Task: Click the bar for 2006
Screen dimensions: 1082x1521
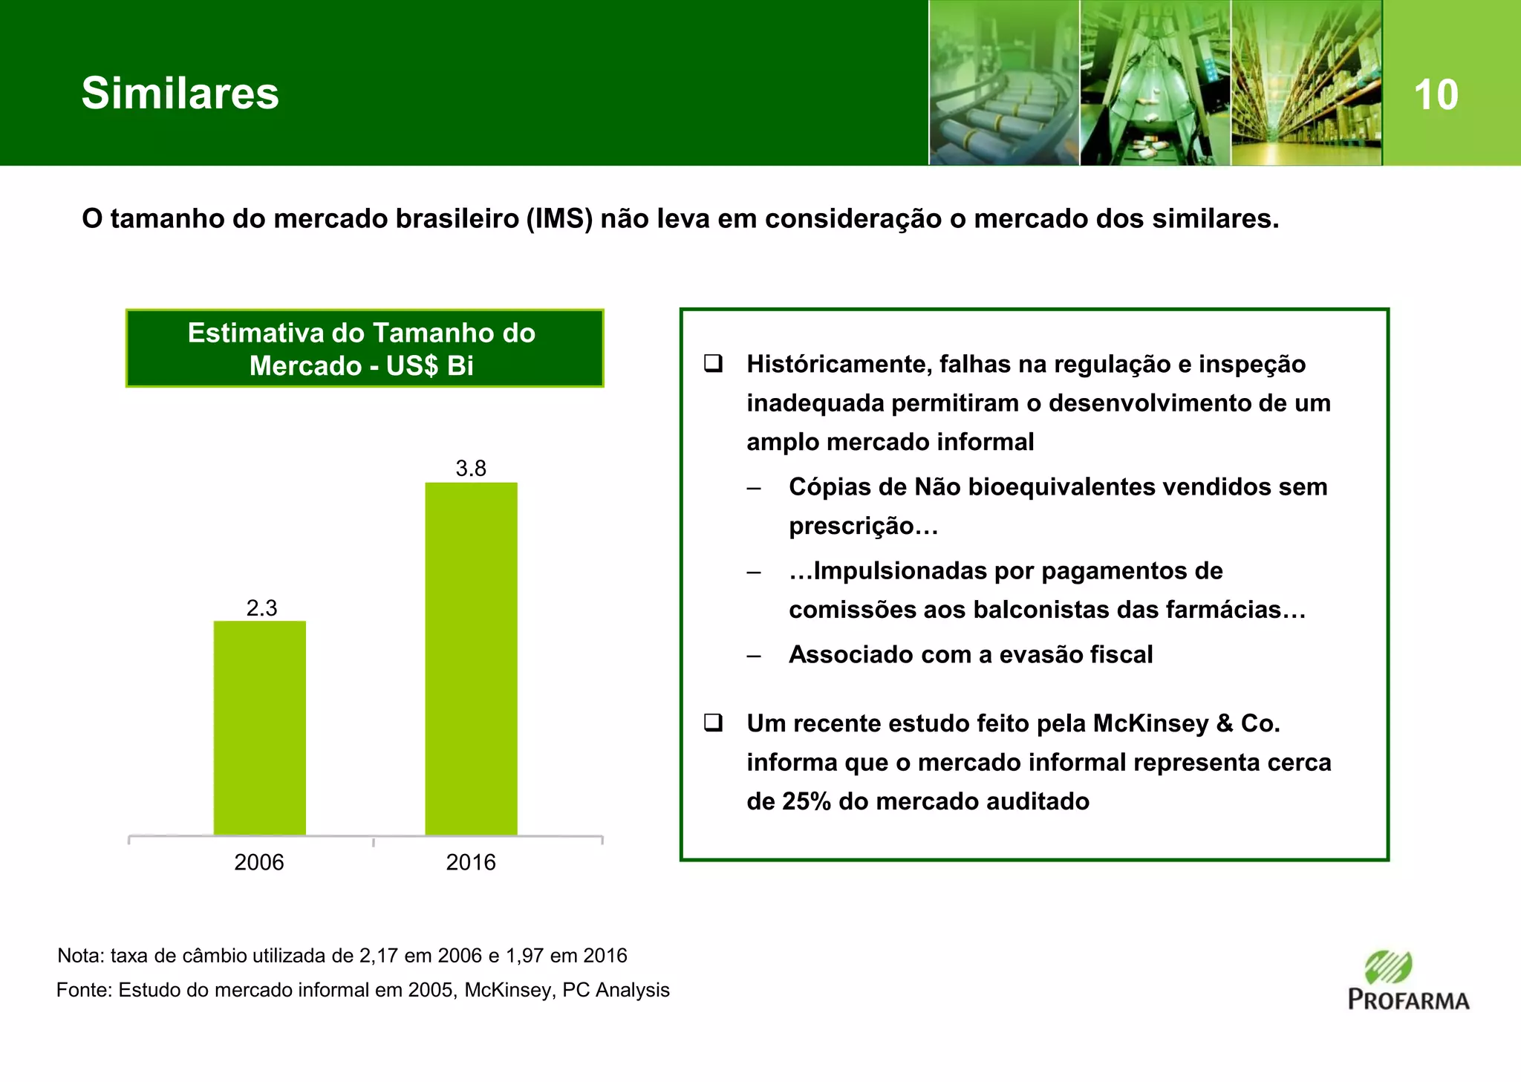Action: tap(259, 728)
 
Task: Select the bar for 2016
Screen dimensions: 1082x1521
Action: tap(471, 659)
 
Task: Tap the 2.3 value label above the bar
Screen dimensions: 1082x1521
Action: tap(261, 608)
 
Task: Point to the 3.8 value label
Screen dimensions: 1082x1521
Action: tap(471, 469)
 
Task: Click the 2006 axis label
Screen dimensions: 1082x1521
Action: tap(258, 862)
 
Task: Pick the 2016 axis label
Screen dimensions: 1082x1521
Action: tap(470, 862)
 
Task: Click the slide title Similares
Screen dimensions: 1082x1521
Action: tap(180, 94)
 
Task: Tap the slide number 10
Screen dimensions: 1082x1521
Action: tap(1436, 95)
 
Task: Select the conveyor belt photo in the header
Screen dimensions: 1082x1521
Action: tap(1003, 83)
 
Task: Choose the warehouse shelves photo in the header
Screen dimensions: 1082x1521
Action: tap(1306, 83)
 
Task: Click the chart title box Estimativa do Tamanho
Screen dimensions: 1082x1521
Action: tap(364, 348)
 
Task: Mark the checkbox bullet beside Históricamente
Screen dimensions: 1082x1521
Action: tap(714, 364)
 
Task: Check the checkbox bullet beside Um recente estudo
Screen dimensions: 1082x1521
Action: tap(714, 723)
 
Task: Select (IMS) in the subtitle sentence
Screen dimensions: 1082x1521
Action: tap(558, 219)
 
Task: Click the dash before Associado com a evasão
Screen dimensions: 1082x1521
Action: tap(754, 655)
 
